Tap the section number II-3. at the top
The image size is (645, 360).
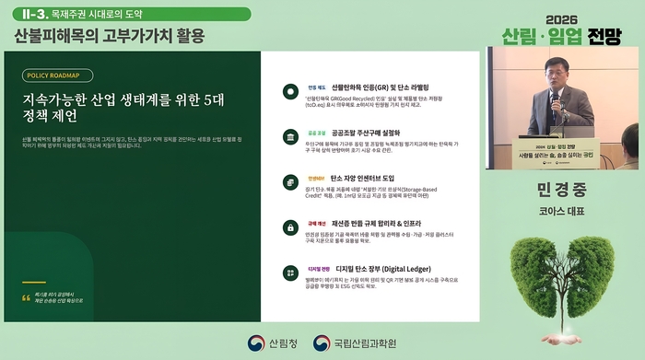point(29,16)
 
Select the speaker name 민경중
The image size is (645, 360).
point(562,191)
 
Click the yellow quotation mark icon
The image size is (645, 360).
point(27,297)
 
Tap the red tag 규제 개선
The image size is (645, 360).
point(318,223)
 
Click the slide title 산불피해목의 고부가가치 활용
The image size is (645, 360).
point(109,37)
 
